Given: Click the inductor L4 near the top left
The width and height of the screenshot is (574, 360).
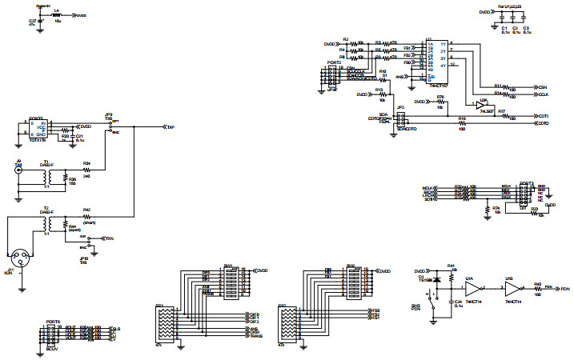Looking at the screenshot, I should coord(56,14).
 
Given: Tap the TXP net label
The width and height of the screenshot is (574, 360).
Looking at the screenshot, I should coord(170,127).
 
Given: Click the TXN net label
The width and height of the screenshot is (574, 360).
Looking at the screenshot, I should coord(110,238).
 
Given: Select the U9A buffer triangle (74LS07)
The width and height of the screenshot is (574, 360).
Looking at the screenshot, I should coord(481,105).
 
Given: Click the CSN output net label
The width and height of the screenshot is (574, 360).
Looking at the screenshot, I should coord(542,86).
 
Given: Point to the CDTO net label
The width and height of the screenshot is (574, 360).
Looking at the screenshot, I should coord(542,124).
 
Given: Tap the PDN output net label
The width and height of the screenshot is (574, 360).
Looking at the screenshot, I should coord(564,288).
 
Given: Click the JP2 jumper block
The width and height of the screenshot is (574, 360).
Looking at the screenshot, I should coord(400,119).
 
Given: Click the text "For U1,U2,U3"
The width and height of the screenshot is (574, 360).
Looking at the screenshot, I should coord(509,6).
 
